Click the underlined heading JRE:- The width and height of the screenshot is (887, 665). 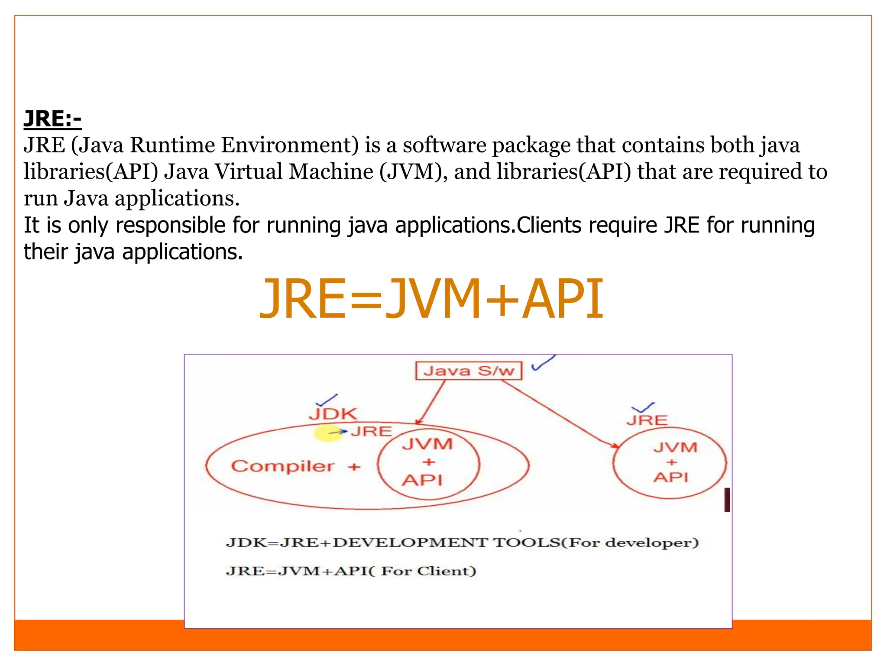point(52,119)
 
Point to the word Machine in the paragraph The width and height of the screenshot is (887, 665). point(331,171)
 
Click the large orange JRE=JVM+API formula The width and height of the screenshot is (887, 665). point(431,299)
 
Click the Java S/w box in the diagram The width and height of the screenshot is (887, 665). point(469,371)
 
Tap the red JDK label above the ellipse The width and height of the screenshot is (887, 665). point(333,414)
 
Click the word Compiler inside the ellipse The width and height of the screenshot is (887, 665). point(282,466)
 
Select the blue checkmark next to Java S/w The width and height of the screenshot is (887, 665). point(543,363)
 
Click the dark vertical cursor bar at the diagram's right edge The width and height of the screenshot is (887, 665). point(727,500)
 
